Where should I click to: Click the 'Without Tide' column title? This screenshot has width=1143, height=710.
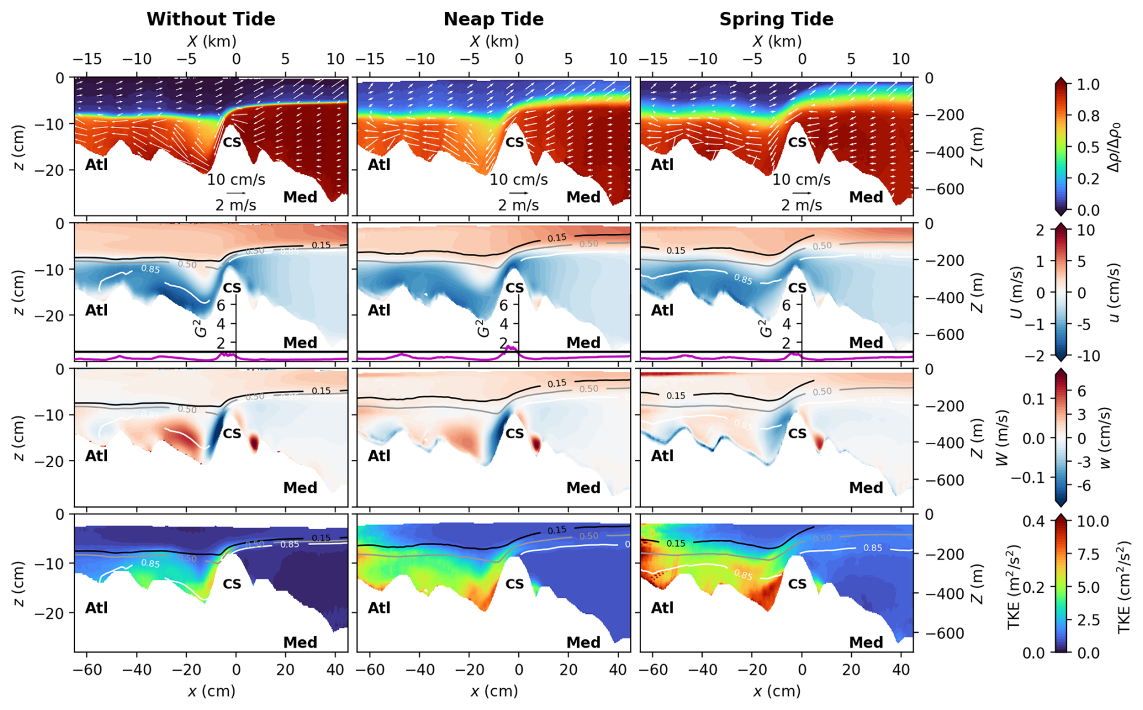click(211, 19)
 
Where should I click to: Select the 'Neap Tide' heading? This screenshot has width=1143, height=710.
click(494, 19)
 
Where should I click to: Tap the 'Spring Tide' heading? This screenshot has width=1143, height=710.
click(776, 19)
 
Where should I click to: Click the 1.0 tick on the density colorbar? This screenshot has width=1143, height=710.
click(1087, 85)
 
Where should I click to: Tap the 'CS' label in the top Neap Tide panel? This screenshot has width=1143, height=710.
click(515, 143)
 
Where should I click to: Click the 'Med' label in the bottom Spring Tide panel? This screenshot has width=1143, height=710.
click(866, 642)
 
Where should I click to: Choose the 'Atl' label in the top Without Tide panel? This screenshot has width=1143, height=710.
click(97, 165)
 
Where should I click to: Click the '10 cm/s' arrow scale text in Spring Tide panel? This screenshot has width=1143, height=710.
click(801, 179)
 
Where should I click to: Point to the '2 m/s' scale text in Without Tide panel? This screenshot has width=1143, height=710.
click(236, 205)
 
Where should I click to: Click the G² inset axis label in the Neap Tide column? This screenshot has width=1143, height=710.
click(483, 328)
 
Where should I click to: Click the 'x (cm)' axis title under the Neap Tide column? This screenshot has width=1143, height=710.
click(494, 691)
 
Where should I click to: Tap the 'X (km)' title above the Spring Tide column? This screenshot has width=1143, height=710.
click(777, 41)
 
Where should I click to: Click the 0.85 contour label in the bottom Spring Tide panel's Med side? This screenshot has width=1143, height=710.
click(872, 548)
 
